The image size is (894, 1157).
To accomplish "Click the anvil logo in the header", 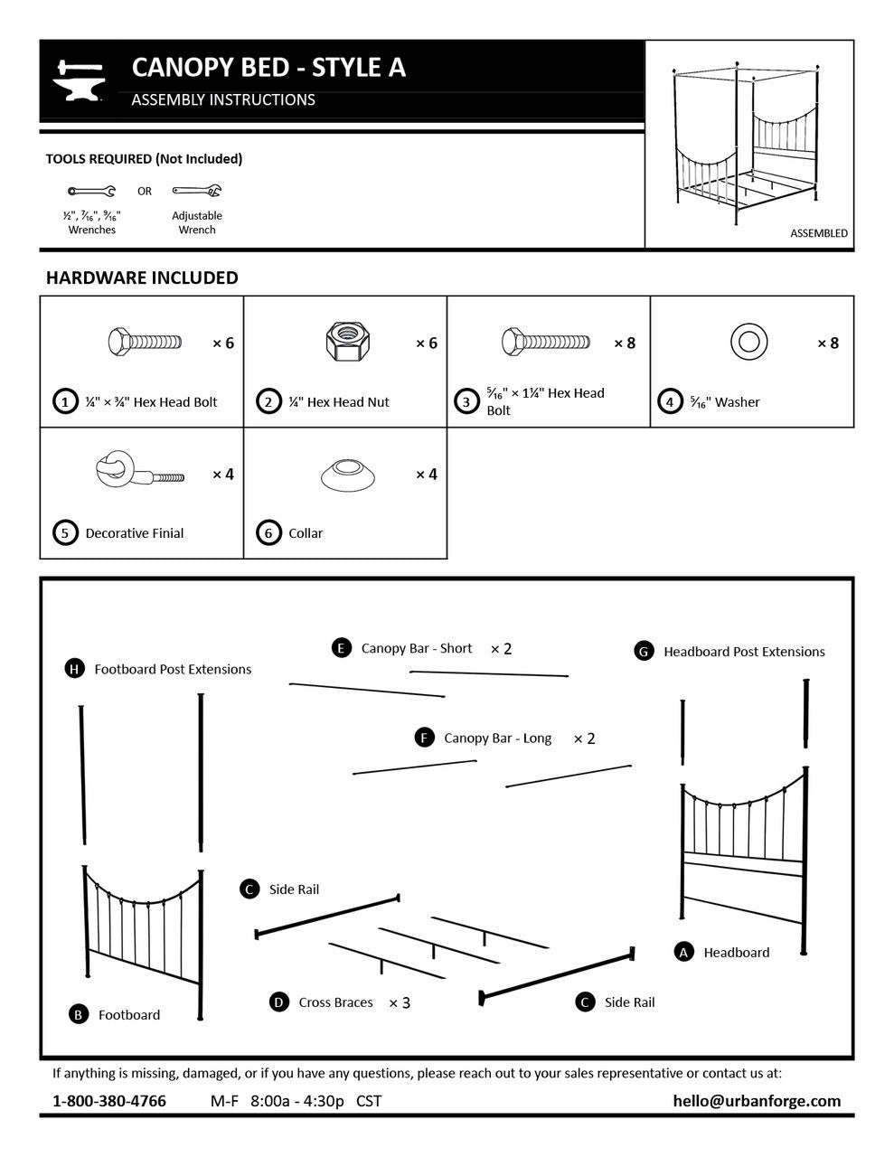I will point(80,80).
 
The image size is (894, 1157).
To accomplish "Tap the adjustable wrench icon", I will point(197,191).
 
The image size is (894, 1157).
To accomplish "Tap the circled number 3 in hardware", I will point(466,401).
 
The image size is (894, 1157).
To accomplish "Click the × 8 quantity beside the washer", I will point(828,343).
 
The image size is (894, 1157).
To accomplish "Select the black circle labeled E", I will point(341,648).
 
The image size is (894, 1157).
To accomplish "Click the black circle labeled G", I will point(644,651).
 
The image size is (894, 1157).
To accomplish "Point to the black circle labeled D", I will point(279,1002).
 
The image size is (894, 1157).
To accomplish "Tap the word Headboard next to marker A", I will point(737,953).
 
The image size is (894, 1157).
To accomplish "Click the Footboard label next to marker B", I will point(129,1015).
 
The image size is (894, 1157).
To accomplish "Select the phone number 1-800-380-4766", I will point(109,1101).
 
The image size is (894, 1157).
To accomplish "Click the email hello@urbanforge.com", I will point(757,1101).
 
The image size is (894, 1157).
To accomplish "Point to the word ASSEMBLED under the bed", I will point(819,233).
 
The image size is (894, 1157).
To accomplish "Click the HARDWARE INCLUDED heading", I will point(142,277).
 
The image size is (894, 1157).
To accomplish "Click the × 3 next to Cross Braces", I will point(400,1002).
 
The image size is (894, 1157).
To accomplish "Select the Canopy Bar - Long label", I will point(497,738).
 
